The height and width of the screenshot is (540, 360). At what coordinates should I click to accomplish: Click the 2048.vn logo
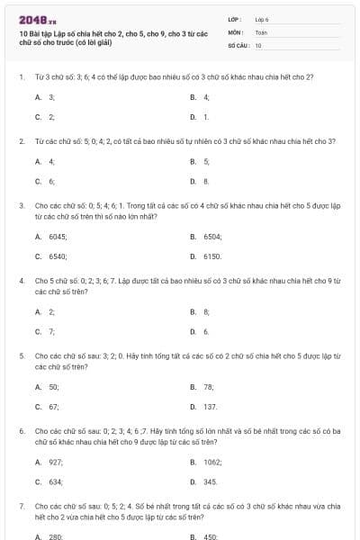tap(31, 19)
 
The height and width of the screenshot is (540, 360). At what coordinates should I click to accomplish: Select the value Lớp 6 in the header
tap(262, 19)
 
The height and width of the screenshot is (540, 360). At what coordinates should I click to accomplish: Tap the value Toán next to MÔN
tap(261, 31)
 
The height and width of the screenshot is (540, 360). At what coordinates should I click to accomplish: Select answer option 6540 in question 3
tap(58, 256)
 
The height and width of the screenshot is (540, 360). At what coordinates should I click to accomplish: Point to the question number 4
tap(21, 281)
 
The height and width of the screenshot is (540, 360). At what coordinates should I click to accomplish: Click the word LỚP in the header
tap(234, 19)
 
